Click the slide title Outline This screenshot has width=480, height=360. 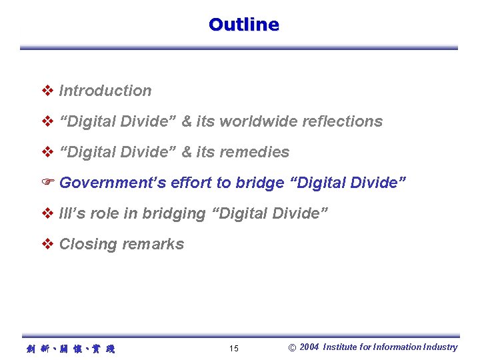[x=243, y=25]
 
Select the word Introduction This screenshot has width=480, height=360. [x=105, y=91]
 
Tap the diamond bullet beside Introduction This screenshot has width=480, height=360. [x=47, y=91]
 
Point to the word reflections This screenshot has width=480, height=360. [x=342, y=121]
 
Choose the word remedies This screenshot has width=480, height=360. [x=256, y=152]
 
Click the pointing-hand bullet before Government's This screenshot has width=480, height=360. [x=47, y=183]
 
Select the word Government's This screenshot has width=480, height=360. [x=113, y=183]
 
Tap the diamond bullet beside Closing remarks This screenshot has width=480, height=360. [x=47, y=244]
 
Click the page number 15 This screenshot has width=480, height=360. [x=233, y=348]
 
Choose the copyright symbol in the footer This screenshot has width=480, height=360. [x=292, y=347]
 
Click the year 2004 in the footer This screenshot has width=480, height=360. [x=309, y=347]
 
